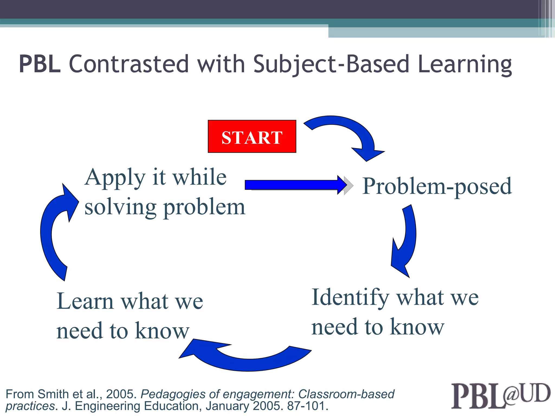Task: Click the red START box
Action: tap(252, 136)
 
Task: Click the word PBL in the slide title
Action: tap(40, 64)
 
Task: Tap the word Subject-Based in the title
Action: tap(331, 64)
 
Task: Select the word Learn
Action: tap(85, 301)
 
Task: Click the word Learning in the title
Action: tap(464, 64)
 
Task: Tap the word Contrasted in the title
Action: tap(128, 64)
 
